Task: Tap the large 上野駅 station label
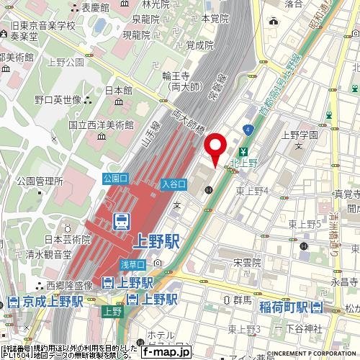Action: (155, 240)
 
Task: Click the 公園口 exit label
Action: (115, 177)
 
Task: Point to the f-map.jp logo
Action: (166, 351)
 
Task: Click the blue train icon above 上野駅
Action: (122, 221)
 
